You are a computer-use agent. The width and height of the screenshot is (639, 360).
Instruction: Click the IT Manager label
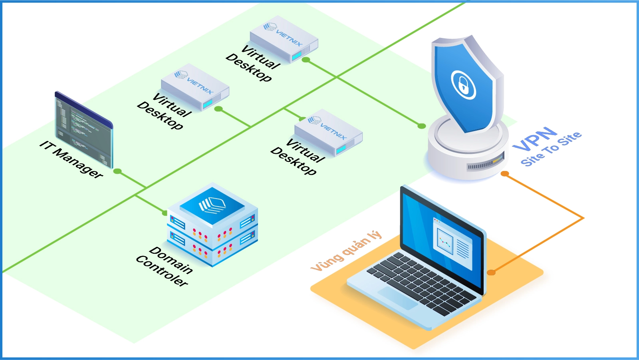click(x=71, y=159)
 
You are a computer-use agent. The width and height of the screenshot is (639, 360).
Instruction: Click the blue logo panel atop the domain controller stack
click(x=212, y=205)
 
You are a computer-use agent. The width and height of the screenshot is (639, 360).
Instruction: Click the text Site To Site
click(x=551, y=149)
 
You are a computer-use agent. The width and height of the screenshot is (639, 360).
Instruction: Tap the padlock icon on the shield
click(x=463, y=84)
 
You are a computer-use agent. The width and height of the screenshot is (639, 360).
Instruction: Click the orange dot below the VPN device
click(x=505, y=174)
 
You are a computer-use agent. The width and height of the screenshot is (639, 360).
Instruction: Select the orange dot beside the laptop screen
click(x=491, y=272)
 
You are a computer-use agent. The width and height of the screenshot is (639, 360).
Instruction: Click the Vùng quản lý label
click(x=346, y=251)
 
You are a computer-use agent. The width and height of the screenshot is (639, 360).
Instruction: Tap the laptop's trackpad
click(x=398, y=298)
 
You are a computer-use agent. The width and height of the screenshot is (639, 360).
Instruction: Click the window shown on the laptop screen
click(x=452, y=243)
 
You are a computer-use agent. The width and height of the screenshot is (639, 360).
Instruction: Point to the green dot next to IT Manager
click(x=117, y=171)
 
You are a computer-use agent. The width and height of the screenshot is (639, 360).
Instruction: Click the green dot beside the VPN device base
click(x=422, y=126)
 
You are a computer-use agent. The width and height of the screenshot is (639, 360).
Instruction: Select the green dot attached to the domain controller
click(x=165, y=213)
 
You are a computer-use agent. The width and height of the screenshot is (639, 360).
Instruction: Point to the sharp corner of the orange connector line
click(x=583, y=218)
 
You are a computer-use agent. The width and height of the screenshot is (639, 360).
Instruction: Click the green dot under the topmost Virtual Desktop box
click(x=306, y=60)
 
